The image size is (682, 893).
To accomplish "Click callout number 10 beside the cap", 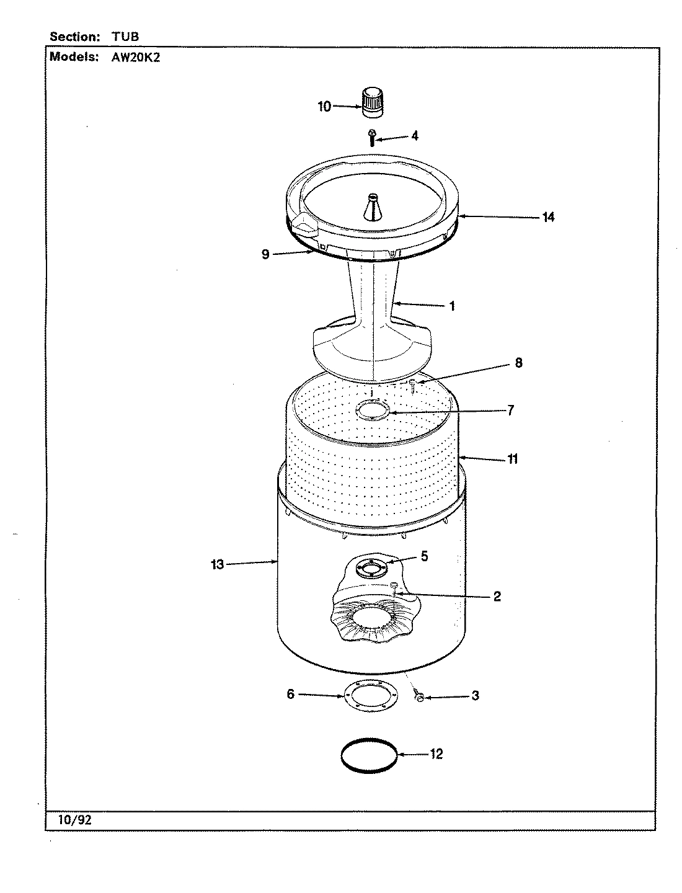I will tap(324, 107).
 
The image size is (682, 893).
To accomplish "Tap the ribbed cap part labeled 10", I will tap(371, 102).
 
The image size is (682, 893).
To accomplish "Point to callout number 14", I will tap(547, 217).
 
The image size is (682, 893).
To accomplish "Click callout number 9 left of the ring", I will tap(265, 254).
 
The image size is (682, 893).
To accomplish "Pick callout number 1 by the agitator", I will tap(452, 306).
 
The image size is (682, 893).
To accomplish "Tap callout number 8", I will tap(518, 363).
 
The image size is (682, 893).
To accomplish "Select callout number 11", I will tap(513, 460).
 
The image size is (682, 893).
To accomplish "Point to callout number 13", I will tap(217, 564).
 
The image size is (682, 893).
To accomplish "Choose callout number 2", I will tap(497, 597).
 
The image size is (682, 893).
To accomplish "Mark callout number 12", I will tap(436, 755).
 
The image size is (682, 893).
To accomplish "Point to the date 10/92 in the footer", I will tap(75, 820).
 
